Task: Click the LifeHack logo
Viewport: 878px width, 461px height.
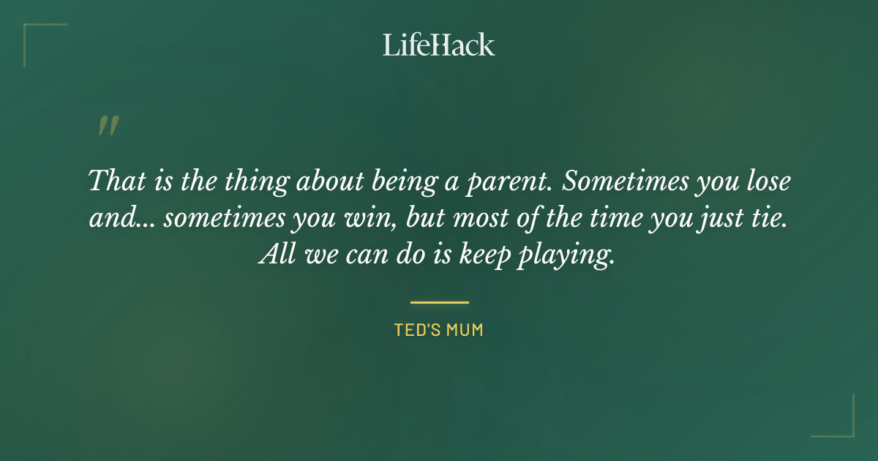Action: point(438,45)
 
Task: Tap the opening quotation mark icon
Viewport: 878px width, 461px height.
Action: point(108,127)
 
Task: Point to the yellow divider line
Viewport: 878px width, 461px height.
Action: point(439,301)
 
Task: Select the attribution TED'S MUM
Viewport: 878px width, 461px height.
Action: point(439,330)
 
